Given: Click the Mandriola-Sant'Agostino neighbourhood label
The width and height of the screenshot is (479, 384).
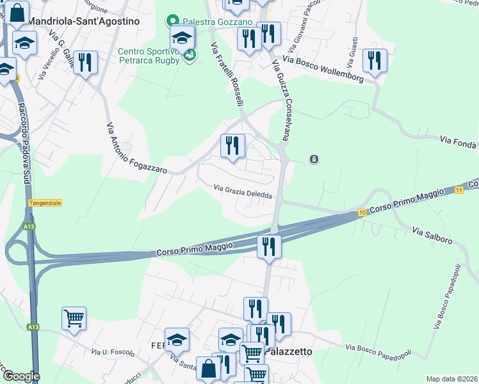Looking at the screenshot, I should pos(84,20).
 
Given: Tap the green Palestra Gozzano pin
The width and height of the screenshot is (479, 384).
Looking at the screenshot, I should pos(172,21).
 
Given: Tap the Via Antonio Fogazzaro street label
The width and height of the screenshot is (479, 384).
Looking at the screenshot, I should pos(136,148).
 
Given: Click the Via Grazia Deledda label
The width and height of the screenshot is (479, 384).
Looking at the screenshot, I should pos(244,191).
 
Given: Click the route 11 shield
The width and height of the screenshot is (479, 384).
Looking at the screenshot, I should pos(459,190).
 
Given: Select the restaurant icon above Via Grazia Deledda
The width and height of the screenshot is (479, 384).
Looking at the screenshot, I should pos(232,145).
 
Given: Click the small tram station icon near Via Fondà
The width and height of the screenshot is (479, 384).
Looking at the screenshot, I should pos(314,159).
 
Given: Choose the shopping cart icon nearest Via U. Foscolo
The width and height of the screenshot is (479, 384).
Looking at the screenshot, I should pos(74,317).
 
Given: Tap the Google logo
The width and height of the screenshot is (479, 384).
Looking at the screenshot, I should pos(20,377).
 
